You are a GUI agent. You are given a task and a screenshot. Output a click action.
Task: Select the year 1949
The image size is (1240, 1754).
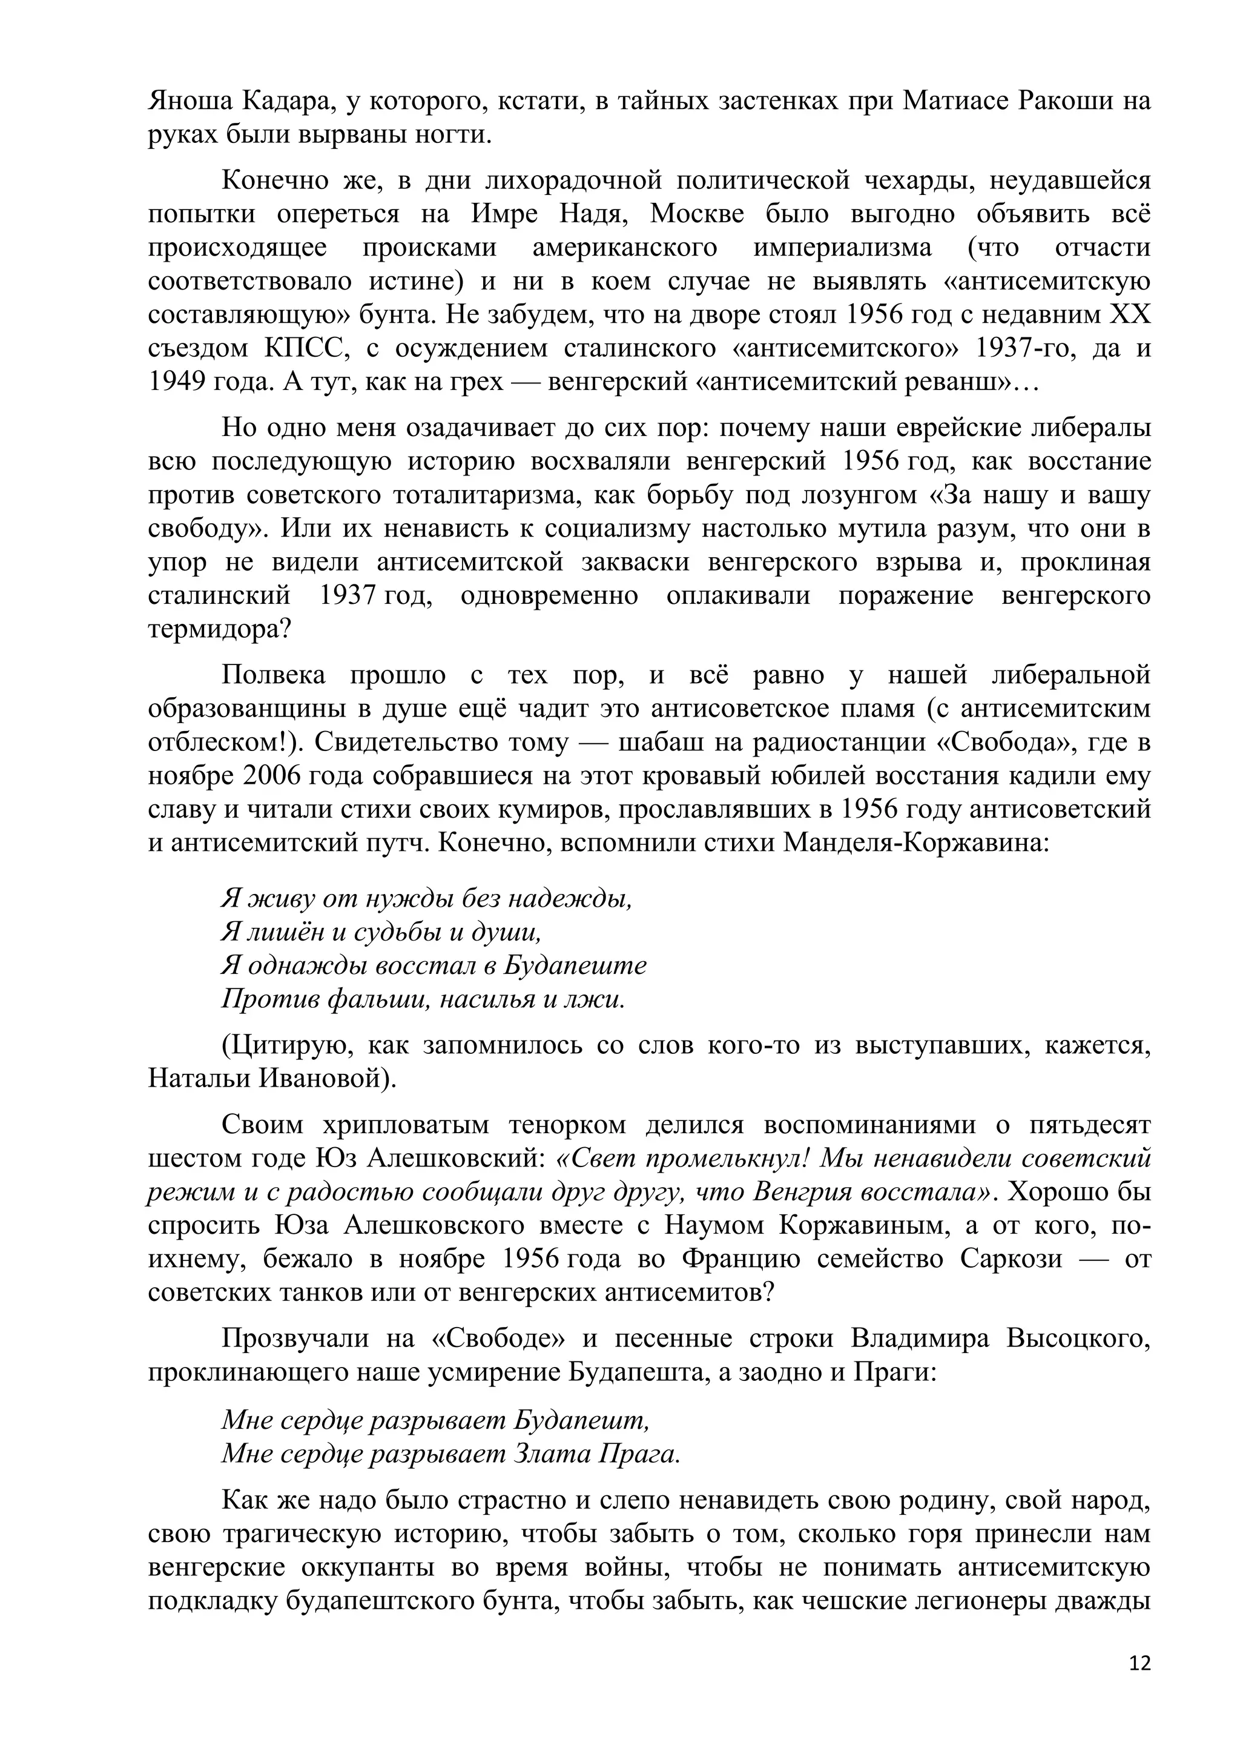pos(177,382)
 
